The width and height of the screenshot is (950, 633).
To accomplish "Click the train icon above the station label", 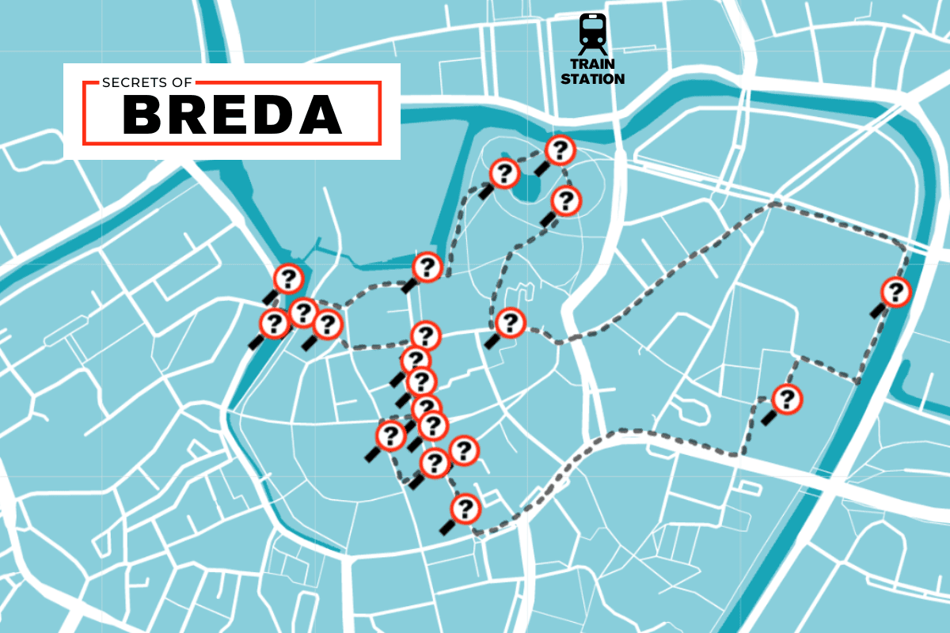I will coord(592,32).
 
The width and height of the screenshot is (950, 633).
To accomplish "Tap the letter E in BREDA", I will coord(233,116).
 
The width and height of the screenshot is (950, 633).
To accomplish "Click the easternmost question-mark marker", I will coord(895,292).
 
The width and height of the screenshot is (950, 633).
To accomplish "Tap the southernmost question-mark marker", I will coord(465,508).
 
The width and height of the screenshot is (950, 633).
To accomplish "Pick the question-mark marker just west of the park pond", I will coord(504,172).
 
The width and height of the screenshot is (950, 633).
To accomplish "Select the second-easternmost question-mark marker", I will coord(786,399).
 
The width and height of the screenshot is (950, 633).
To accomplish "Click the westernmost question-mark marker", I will coord(274,324).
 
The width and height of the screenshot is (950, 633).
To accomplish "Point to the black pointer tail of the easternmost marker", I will coord(877,311).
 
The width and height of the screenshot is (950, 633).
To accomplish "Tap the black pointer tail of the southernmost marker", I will coord(447,527).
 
